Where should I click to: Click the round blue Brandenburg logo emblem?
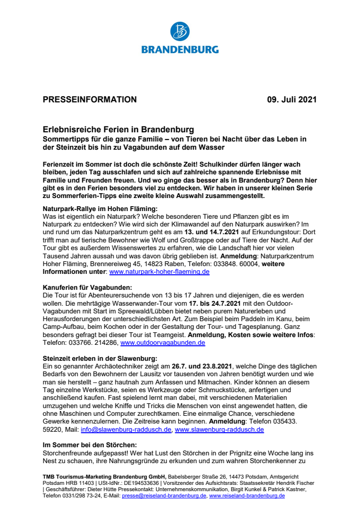pos(180,31)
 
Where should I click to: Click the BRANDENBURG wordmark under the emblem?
pos(180,49)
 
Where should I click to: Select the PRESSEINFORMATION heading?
pos(90,100)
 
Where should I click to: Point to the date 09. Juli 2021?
pos(292,100)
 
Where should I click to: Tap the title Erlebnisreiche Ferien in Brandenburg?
pos(118,130)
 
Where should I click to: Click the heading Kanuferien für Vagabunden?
pos(84,287)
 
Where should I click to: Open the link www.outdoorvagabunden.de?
pos(163,342)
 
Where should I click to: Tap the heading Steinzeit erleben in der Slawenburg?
pos(100,358)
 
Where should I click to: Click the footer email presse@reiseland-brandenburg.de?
pos(164,496)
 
